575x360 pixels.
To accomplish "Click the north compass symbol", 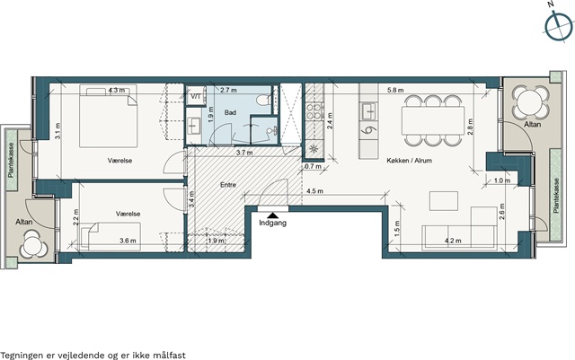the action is (x=558, y=26).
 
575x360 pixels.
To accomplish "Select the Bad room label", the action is (x=230, y=112).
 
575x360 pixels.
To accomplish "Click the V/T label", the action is (x=196, y=96).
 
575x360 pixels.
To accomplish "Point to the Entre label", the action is (x=228, y=185).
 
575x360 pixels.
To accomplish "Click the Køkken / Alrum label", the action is (x=410, y=161).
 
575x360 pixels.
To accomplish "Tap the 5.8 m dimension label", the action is (x=395, y=90).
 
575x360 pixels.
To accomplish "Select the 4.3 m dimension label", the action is (x=117, y=90).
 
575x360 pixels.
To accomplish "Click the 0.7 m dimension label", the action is (x=313, y=166).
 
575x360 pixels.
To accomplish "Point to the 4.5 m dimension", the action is (x=314, y=191).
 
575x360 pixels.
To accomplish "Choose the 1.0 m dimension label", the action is (x=501, y=180).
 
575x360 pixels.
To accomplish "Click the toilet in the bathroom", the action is (x=263, y=100).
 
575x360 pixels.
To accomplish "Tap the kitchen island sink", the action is (x=368, y=111).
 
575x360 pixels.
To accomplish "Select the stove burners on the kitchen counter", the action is (x=314, y=112).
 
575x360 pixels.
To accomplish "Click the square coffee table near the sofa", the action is (x=444, y=201).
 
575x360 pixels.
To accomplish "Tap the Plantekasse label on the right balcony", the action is (x=557, y=196).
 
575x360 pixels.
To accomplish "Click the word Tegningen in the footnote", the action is (x=22, y=356).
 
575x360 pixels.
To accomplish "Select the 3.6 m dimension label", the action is (x=128, y=241).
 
